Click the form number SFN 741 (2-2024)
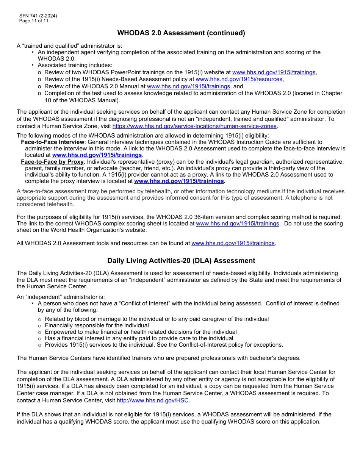click(x=38, y=16)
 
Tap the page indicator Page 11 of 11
click(x=34, y=21)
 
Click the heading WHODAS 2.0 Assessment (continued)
click(x=181, y=33)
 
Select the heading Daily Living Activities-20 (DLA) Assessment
click(x=181, y=261)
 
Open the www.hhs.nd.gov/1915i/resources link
click(x=239, y=80)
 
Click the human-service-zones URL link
click(x=195, y=126)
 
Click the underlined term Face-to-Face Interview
click(x=53, y=142)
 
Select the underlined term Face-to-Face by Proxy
click(x=52, y=162)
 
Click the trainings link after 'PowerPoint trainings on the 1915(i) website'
click(x=274, y=72)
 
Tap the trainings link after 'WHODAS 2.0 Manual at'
click(x=188, y=86)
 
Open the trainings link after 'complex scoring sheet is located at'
click(x=237, y=224)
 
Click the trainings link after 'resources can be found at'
click(x=233, y=243)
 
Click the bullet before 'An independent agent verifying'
click(x=33, y=52)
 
